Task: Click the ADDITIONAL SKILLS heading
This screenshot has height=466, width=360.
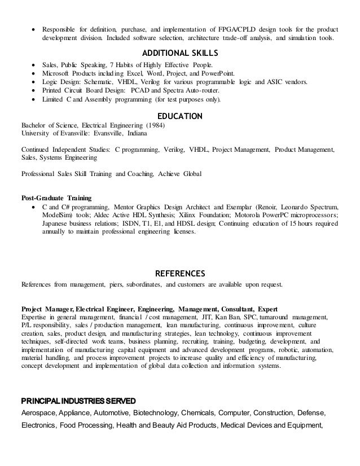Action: (179, 53)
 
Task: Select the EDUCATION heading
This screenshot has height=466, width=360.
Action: (179, 116)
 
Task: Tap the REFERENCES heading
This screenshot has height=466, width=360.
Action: (179, 274)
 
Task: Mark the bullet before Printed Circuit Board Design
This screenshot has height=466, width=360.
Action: (36, 90)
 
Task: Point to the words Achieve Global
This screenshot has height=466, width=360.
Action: (180, 174)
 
